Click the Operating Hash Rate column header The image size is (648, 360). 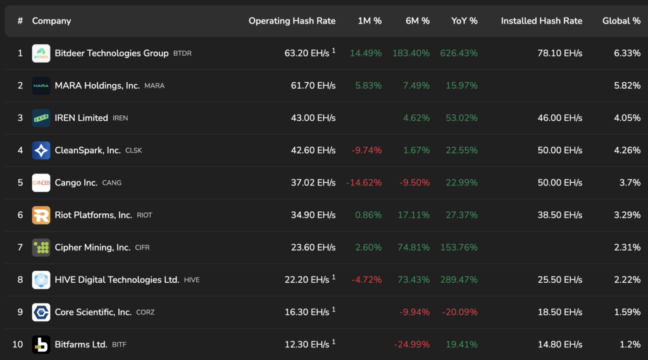click(x=292, y=21)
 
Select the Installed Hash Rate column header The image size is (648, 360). click(x=541, y=21)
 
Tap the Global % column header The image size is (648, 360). click(x=621, y=21)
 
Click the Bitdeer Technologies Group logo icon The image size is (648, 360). click(x=41, y=53)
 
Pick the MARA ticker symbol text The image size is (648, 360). click(x=154, y=85)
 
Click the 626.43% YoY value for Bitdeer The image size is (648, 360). click(x=459, y=53)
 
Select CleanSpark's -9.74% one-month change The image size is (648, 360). click(x=366, y=150)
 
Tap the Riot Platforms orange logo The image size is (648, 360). click(x=41, y=215)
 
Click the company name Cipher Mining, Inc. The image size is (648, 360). click(x=92, y=247)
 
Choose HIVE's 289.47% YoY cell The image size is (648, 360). click(x=459, y=280)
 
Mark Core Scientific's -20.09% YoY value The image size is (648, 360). click(x=459, y=312)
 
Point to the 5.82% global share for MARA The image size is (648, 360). click(x=627, y=85)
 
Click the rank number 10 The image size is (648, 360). click(x=18, y=344)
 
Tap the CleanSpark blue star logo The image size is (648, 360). click(x=41, y=150)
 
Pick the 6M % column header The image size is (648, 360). click(x=418, y=21)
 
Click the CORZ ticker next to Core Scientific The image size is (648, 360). click(x=145, y=312)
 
